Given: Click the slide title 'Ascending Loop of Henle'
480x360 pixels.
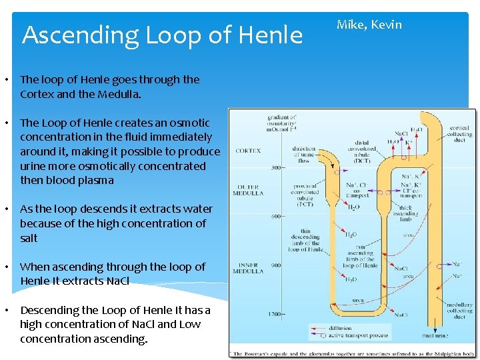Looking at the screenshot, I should coord(162,35).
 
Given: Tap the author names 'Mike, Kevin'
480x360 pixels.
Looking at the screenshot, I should coord(369,25).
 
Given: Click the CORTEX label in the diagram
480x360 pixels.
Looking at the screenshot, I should coord(248,151).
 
